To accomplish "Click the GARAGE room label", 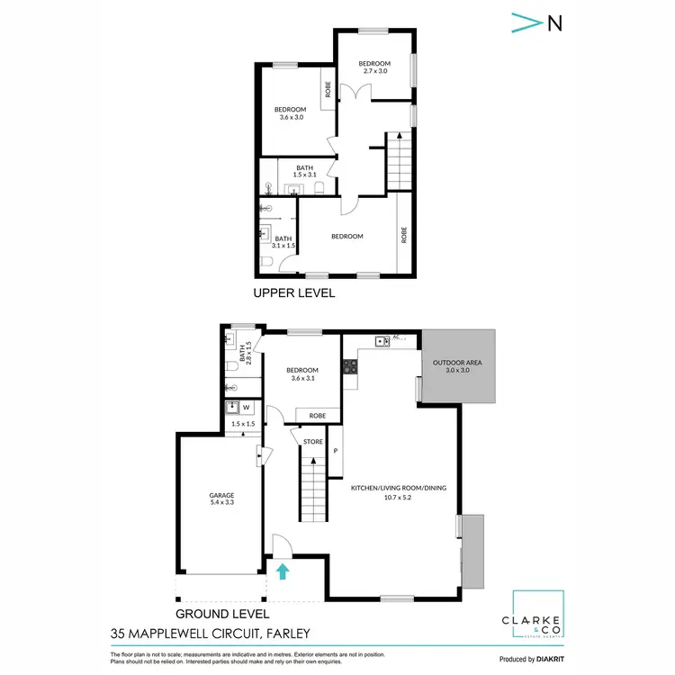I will click(x=222, y=495).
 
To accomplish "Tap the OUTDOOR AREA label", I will click(x=458, y=363).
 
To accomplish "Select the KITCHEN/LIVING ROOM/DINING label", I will click(x=398, y=488).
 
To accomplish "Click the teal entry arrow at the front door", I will click(x=283, y=570).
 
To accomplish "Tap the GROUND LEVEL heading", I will click(x=214, y=613).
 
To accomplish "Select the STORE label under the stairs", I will click(x=312, y=441).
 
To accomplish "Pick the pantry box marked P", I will click(x=335, y=450).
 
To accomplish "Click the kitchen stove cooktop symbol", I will click(x=349, y=366).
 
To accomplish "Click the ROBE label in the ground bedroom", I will click(x=317, y=416).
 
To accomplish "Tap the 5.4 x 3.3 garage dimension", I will click(x=222, y=503).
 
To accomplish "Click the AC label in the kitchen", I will click(x=395, y=337).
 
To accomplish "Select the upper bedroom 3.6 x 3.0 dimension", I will click(x=290, y=117).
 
